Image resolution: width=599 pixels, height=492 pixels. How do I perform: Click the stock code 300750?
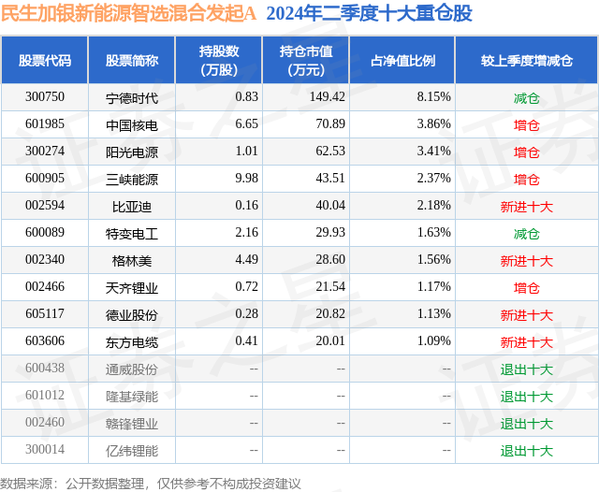coord(45,97)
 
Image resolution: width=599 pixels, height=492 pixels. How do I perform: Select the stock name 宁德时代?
coord(132,97)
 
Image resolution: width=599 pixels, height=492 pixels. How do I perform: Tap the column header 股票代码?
coord(45,61)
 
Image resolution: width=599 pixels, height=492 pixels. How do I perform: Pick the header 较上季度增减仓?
coord(526,61)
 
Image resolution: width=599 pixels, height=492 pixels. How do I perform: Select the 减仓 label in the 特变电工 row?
coord(526,234)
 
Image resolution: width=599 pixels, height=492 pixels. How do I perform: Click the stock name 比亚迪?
coord(132,206)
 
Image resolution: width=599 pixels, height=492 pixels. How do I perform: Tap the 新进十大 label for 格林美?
coord(526,261)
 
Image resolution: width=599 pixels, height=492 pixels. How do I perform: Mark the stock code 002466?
coord(45,288)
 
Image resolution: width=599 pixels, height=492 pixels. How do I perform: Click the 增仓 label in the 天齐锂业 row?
coord(526,288)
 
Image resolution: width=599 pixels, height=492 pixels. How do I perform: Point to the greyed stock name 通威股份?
coord(132,369)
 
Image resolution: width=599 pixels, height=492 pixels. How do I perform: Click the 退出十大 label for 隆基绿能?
coord(526,397)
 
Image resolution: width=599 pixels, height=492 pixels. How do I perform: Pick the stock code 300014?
coord(45,451)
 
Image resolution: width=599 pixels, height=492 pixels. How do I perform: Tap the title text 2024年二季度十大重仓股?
coord(369,13)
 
